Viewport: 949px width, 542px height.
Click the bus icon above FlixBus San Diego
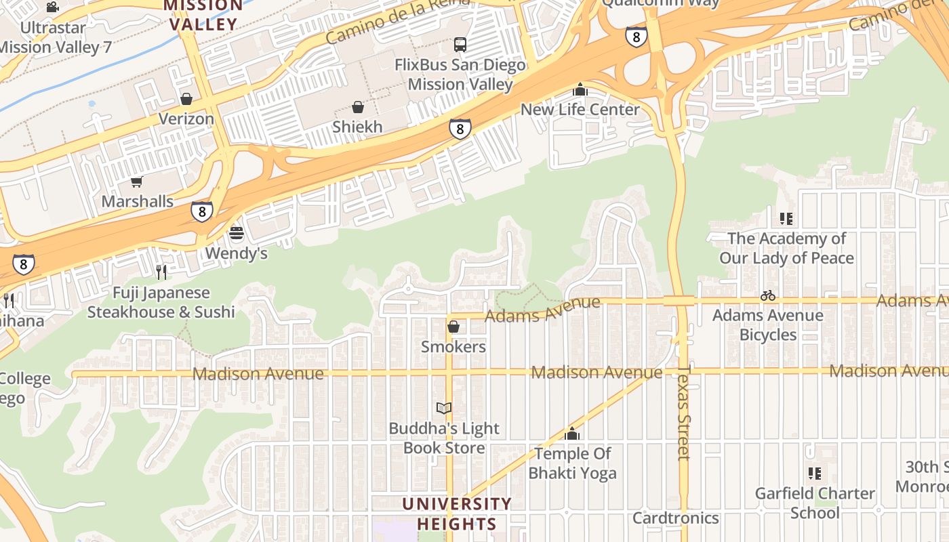(x=460, y=45)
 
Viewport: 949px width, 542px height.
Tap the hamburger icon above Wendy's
(x=237, y=234)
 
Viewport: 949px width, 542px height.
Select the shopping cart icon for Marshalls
(x=137, y=182)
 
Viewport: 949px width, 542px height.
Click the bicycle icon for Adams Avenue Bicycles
(x=768, y=295)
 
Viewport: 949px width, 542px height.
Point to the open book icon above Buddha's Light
(x=444, y=408)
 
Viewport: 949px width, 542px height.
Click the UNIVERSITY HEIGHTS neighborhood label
(x=457, y=514)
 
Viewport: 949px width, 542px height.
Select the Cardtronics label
(x=675, y=518)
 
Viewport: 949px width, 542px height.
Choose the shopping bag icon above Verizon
(x=186, y=99)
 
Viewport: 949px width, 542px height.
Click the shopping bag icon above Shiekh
(x=358, y=107)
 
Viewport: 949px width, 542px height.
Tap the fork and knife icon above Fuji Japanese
(x=161, y=272)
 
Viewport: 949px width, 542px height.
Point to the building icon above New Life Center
(x=580, y=89)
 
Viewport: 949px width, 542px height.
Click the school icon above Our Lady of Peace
(x=786, y=219)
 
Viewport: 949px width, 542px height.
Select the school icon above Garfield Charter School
(x=815, y=473)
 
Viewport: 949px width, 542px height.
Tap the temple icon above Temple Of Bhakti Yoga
(x=573, y=434)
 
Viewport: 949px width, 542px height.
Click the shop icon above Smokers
(x=453, y=327)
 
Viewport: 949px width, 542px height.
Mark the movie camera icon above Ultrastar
(x=53, y=7)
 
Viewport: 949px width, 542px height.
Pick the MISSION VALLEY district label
(x=203, y=15)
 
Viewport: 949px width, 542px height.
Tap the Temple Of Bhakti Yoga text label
(x=573, y=463)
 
